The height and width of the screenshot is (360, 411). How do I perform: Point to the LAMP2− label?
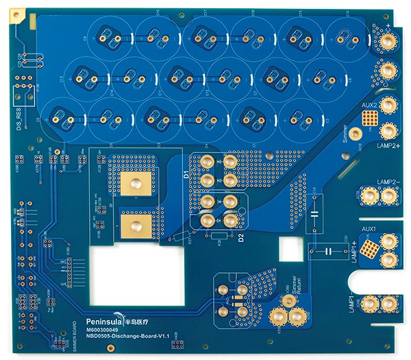point(379,182)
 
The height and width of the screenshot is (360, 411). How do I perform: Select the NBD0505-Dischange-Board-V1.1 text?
point(127,337)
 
